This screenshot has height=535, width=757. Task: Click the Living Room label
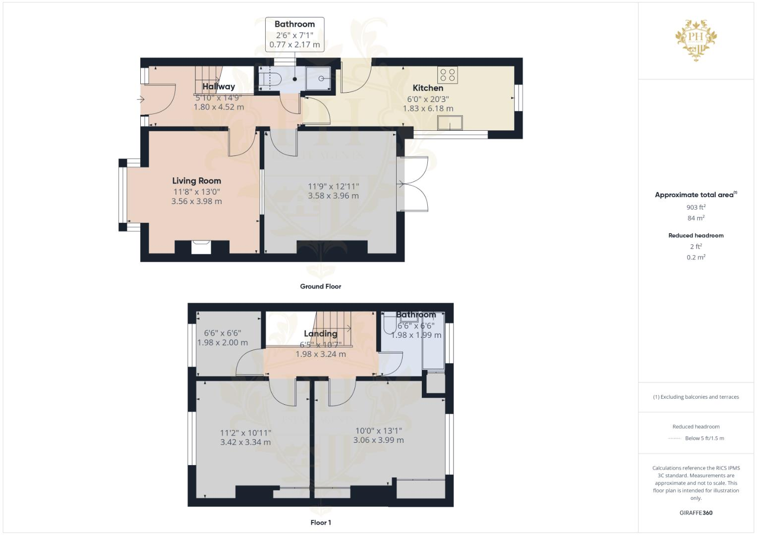(196, 181)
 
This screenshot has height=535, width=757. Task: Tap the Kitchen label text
(428, 88)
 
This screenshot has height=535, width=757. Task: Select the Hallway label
(219, 86)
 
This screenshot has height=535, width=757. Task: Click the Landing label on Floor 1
(320, 333)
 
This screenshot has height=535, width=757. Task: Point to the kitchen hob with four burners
(447, 75)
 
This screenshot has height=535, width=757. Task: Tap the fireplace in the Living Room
(201, 247)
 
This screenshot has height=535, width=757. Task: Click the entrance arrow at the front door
(140, 100)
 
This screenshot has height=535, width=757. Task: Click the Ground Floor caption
(320, 286)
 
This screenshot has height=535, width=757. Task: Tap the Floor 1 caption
(320, 523)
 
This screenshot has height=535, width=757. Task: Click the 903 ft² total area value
(696, 207)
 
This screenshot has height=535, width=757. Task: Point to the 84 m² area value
(696, 218)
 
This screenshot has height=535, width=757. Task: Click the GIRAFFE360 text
(696, 513)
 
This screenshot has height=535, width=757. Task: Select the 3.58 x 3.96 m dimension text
(333, 196)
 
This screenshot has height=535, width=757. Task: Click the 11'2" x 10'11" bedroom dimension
(245, 432)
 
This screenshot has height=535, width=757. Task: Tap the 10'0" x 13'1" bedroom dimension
(378, 430)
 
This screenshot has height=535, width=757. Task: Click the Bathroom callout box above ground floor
(294, 34)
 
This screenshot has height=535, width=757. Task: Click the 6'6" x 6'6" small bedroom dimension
(223, 333)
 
